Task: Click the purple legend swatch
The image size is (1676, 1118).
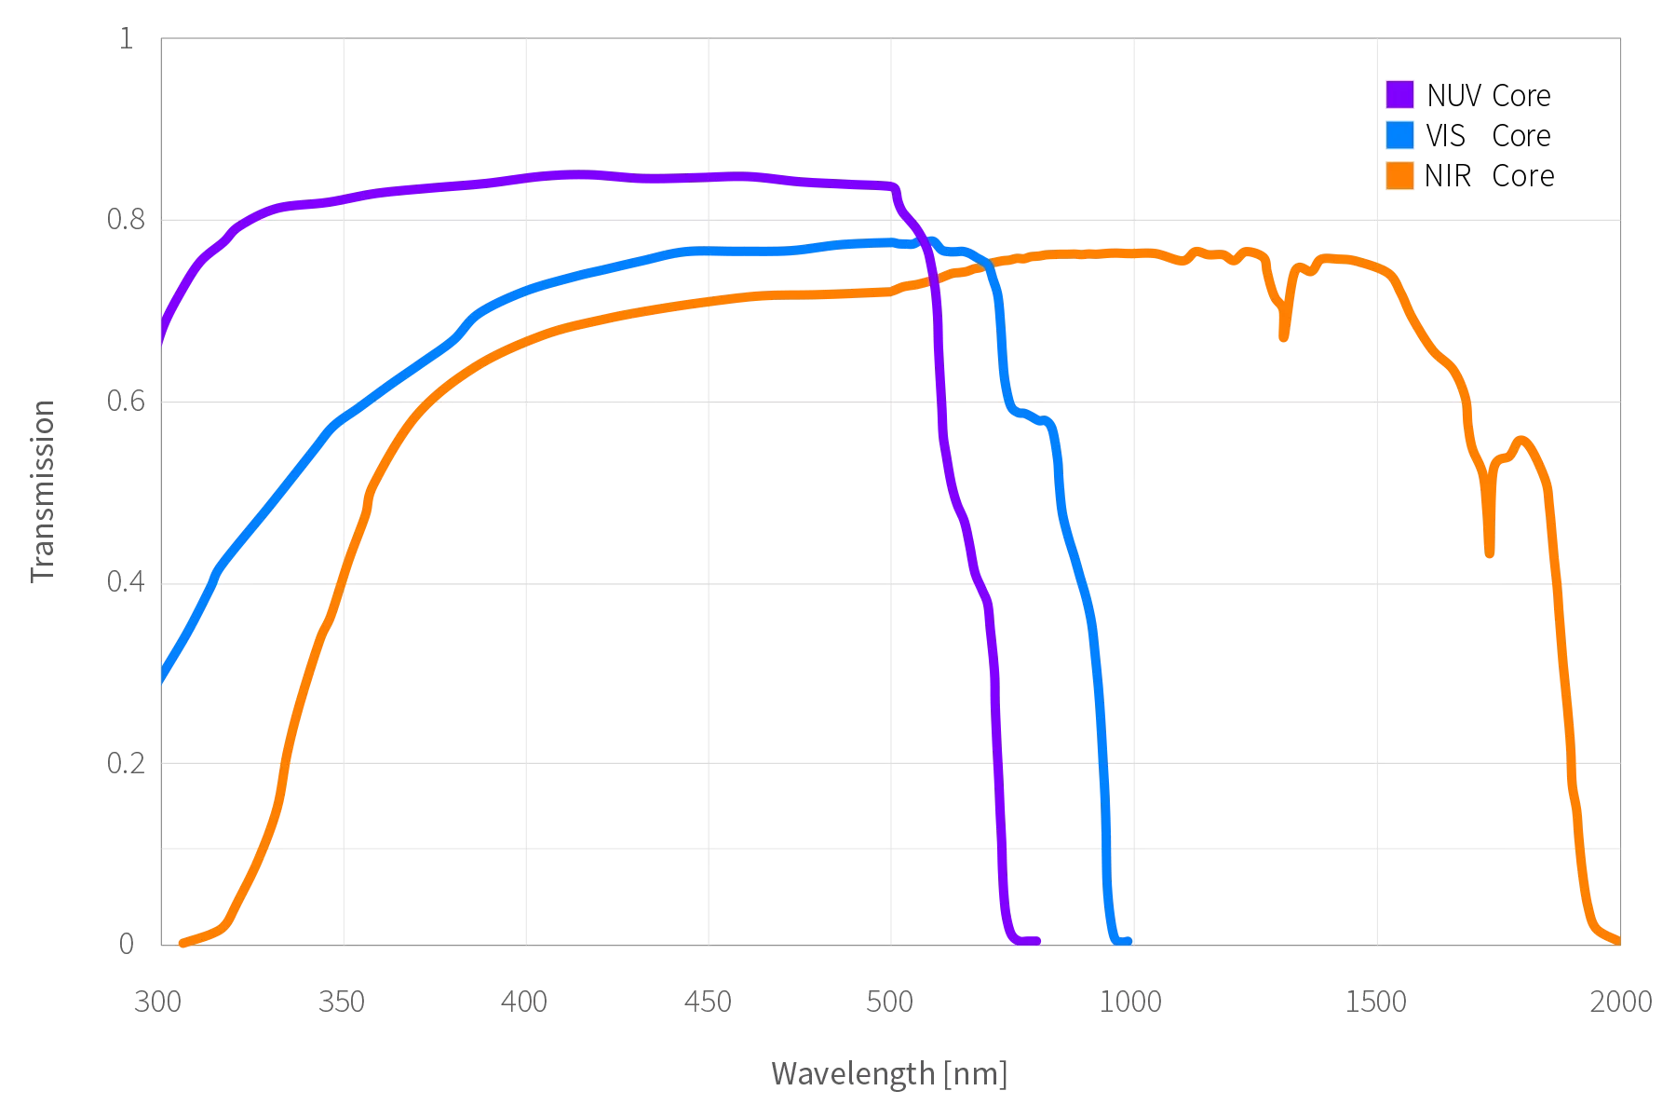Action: pos(1399,94)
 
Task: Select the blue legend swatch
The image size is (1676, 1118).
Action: pos(1399,135)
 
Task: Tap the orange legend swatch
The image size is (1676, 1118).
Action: pos(1399,176)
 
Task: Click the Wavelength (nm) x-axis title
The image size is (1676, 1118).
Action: pos(889,1074)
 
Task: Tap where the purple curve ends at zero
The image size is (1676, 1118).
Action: pos(1037,940)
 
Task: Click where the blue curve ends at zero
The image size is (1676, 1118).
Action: pos(1128,940)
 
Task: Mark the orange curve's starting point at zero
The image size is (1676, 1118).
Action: pos(181,944)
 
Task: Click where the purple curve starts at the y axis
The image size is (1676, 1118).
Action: pos(160,343)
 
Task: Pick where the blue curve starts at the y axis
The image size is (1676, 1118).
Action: pos(160,681)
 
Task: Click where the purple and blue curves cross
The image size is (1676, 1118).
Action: pos(927,246)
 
